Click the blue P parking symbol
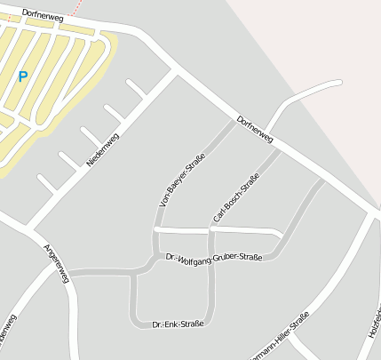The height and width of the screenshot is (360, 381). tap(22, 76)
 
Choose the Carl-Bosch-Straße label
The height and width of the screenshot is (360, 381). tap(236, 198)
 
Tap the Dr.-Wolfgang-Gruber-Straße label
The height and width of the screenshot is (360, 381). tap(214, 258)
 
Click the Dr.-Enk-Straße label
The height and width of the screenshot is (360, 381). tap(178, 324)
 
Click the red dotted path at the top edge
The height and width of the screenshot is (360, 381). tap(79, 8)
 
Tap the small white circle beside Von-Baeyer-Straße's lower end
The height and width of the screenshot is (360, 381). tap(156, 229)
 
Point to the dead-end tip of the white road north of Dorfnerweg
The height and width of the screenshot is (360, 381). tap(338, 83)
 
